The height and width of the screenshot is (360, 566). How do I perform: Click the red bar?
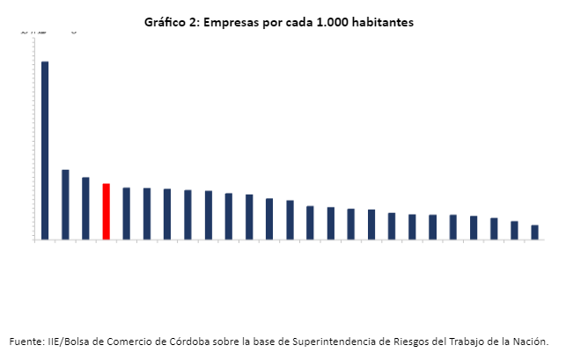pyautogui.click(x=106, y=211)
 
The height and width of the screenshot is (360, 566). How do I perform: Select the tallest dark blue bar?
pyautogui.click(x=45, y=150)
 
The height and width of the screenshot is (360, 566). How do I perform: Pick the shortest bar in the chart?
pyautogui.click(x=534, y=232)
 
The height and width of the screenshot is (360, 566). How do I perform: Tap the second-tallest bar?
pyautogui.click(x=65, y=204)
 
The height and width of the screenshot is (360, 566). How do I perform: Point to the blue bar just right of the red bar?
pyautogui.click(x=127, y=213)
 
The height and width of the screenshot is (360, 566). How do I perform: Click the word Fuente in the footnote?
pyautogui.click(x=26, y=342)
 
